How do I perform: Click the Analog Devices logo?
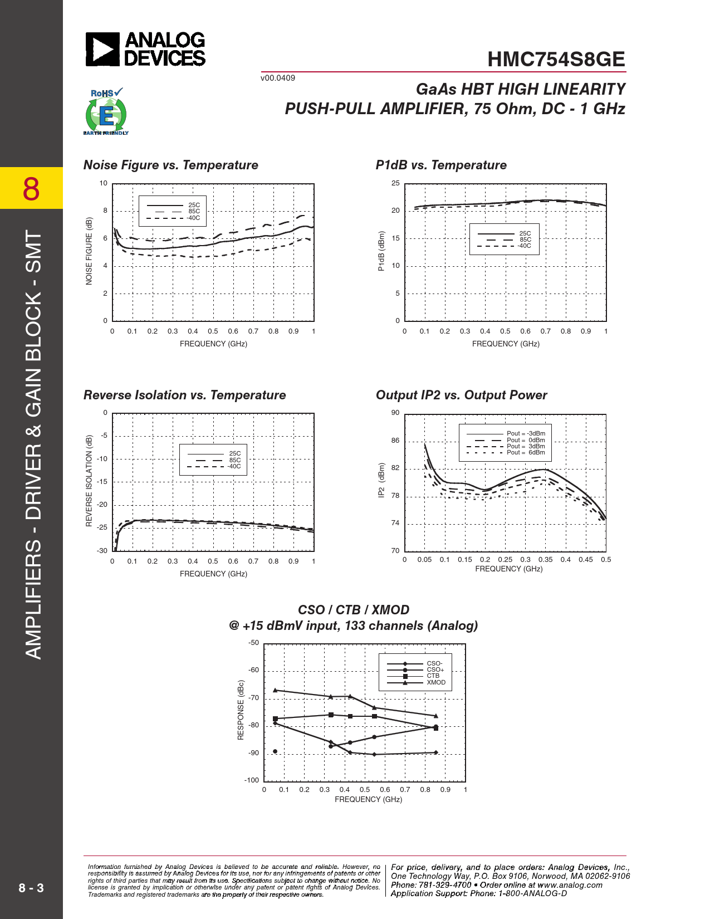(145, 49)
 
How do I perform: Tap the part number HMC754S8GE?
(556, 60)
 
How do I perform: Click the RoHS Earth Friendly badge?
(106, 112)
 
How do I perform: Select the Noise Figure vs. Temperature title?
(170, 165)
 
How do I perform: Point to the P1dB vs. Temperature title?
(441, 165)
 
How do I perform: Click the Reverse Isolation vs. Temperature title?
(184, 395)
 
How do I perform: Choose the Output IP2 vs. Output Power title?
(461, 395)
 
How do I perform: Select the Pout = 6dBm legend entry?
(526, 453)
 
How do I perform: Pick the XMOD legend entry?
(436, 683)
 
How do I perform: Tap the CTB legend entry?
(433, 676)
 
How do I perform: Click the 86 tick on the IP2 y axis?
(395, 441)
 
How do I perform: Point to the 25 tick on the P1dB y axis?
(395, 183)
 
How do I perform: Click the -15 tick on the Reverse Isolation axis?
(102, 482)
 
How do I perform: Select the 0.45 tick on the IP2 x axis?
(585, 560)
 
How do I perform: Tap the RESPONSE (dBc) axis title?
(241, 710)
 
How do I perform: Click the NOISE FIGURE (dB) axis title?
(89, 251)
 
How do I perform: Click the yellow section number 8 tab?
(31, 188)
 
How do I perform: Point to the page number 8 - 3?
(31, 888)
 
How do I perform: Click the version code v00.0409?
(277, 78)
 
